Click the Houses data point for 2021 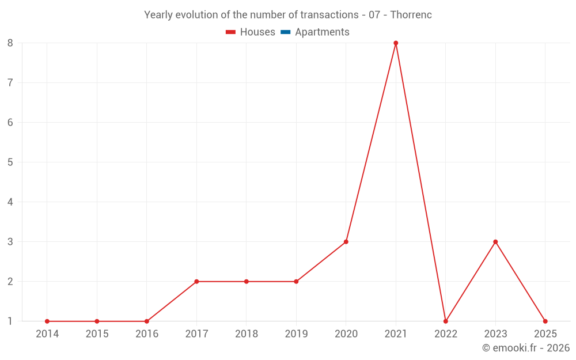[x=396, y=43]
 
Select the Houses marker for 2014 [x=47, y=321]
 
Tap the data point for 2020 [x=346, y=242]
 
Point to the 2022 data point [x=446, y=321]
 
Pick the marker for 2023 [x=495, y=242]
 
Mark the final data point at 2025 [x=545, y=321]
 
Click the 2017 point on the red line [x=196, y=282]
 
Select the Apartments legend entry [x=322, y=32]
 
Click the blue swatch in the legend [x=285, y=32]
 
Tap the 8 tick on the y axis [x=10, y=43]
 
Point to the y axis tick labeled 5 [x=10, y=162]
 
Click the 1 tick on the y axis [x=10, y=321]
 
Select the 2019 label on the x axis [x=296, y=334]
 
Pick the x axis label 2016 [x=147, y=334]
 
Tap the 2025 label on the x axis [x=545, y=334]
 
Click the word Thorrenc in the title [x=411, y=15]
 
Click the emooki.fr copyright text [x=526, y=348]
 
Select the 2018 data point [x=247, y=282]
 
